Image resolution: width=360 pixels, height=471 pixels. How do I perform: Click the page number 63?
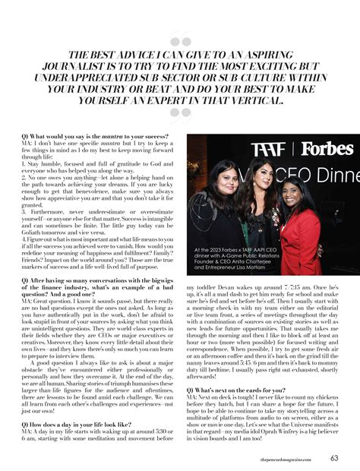tap(334, 457)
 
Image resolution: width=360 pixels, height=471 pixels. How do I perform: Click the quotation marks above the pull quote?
tap(180, 43)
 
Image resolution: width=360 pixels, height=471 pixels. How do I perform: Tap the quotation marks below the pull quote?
tap(180, 113)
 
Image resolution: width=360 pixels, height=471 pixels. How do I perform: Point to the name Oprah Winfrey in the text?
tap(292, 432)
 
